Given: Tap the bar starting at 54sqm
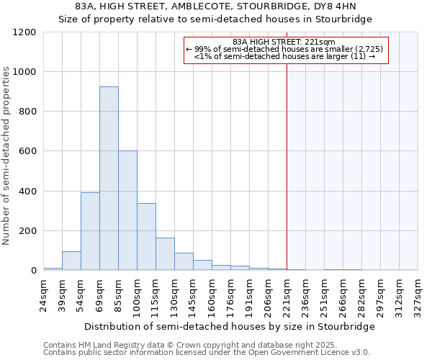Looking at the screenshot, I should pos(90,231).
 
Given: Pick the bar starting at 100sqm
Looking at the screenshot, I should pos(146,237).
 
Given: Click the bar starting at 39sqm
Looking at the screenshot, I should pos(71,261).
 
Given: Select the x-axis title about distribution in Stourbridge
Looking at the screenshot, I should pos(230,327).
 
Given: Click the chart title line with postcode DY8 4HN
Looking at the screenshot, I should pos(216,7).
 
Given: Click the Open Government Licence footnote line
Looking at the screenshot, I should pos(207,353).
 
